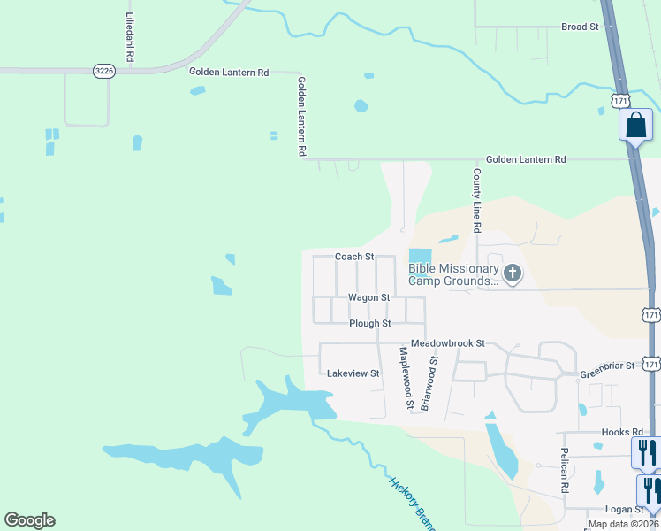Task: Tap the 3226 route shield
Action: coord(104,71)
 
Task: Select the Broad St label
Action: coord(581,27)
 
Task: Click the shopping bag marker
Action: coord(635,125)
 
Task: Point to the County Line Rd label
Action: coord(476,201)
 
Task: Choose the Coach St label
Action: coord(354,257)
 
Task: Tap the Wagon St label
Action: coord(368,298)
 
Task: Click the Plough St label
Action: coord(369,324)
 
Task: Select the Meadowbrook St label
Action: coord(448,342)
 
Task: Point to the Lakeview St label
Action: coord(353,373)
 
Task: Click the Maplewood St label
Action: coord(406,378)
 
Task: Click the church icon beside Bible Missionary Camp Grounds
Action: coord(512,272)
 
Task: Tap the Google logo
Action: coord(29,520)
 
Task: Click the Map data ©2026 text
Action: coord(623,525)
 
